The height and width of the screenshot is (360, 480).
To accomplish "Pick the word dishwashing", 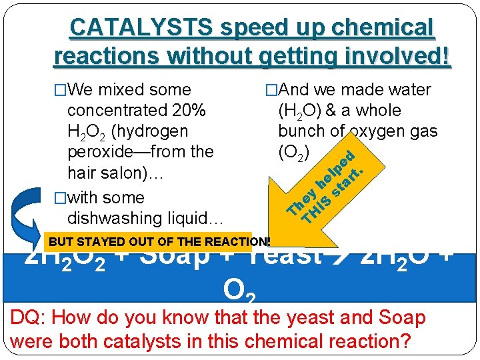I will pyautogui.click(x=117, y=218).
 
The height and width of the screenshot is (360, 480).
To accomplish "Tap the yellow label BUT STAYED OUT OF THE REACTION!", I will pyautogui.click(x=160, y=242).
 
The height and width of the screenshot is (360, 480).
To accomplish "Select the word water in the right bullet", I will pyautogui.click(x=407, y=89).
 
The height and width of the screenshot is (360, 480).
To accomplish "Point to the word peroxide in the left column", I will pyautogui.click(x=101, y=152).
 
